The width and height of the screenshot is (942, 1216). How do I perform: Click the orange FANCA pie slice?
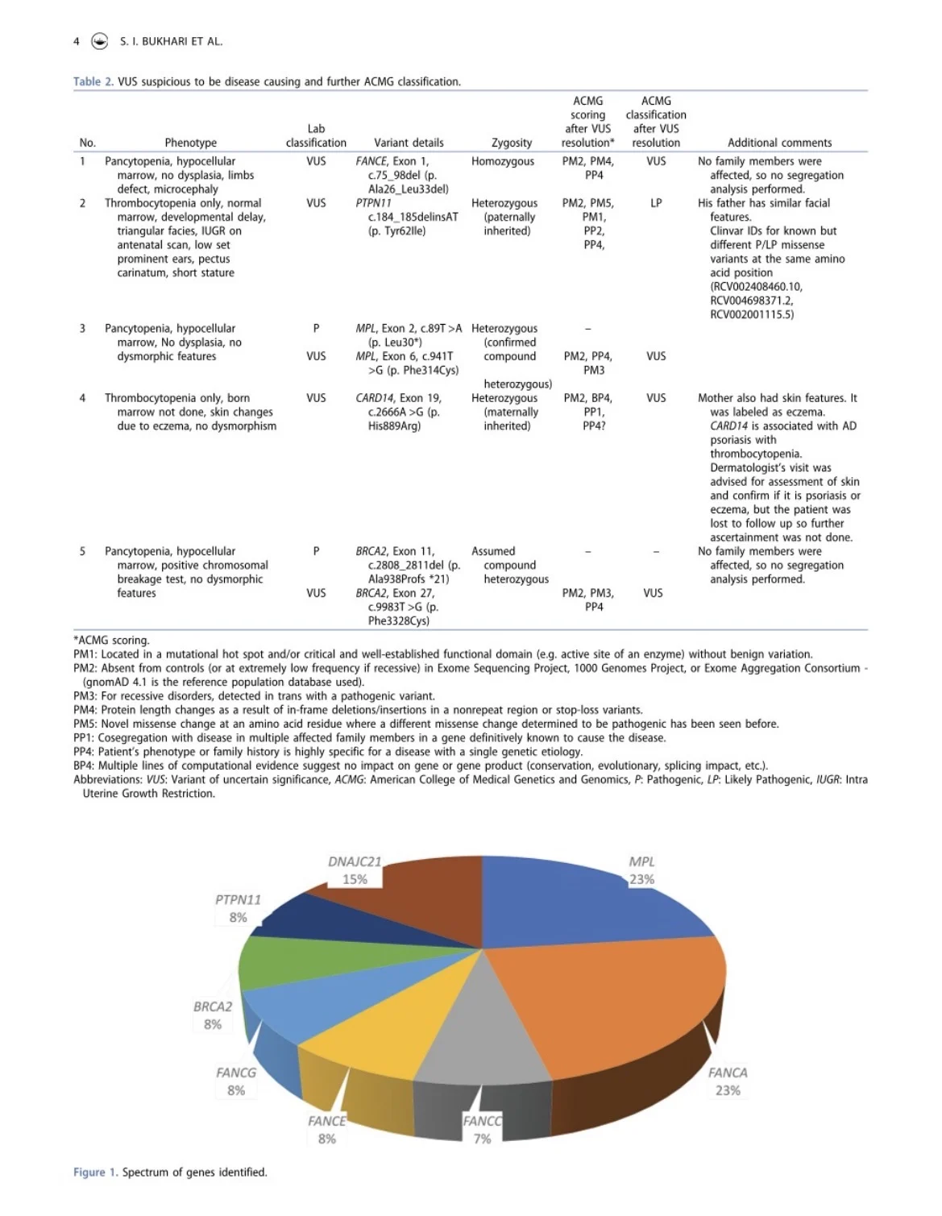(620, 1007)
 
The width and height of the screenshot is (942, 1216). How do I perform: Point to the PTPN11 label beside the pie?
(238, 899)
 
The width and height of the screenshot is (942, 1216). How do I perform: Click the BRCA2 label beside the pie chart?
(213, 1006)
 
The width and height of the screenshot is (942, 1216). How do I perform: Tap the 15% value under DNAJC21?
(355, 879)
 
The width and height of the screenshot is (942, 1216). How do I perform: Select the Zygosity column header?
(512, 143)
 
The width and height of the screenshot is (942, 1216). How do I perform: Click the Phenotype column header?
(190, 143)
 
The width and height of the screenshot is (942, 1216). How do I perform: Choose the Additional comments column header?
(779, 143)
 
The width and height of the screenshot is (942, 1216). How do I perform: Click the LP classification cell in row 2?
(656, 203)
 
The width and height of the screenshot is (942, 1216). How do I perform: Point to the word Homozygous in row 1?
(503, 161)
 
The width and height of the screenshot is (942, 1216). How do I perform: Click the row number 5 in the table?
(82, 551)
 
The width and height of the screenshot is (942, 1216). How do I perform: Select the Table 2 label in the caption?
(87, 81)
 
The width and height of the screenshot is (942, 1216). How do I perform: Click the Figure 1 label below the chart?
(89, 1172)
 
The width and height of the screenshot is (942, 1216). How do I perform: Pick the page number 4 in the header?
(77, 41)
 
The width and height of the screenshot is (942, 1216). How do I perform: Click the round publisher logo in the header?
(100, 41)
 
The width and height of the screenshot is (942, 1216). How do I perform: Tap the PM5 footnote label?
(85, 724)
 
